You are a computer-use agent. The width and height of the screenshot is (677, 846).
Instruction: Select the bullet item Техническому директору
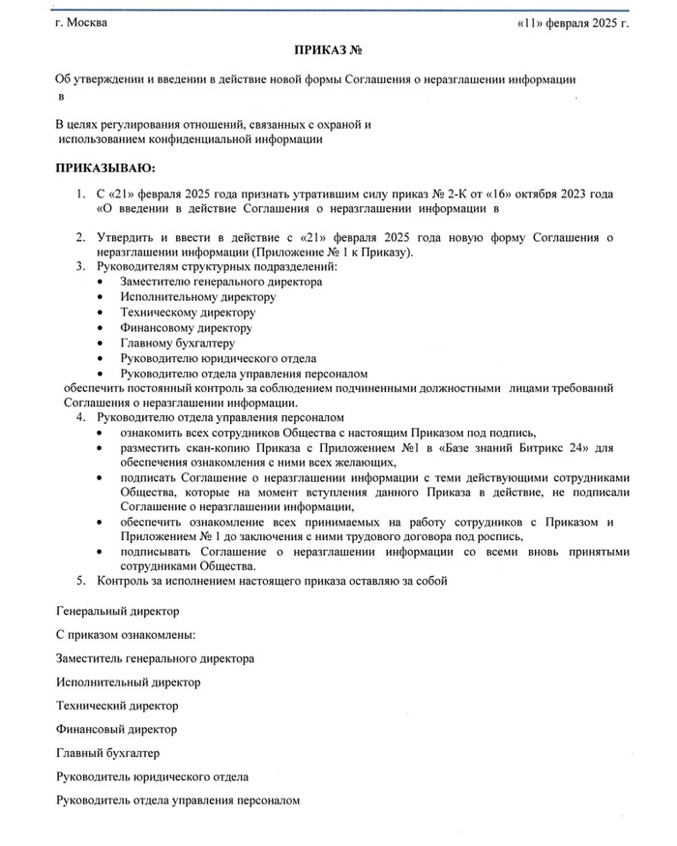point(188,313)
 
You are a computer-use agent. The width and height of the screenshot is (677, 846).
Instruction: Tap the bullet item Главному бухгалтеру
point(178,343)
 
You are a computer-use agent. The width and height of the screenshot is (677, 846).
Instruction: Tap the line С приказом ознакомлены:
point(126,635)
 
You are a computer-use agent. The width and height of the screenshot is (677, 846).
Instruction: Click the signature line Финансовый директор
point(117,729)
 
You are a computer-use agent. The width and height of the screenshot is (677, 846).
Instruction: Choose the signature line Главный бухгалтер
point(108,752)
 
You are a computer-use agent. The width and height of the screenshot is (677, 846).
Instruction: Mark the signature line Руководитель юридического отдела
point(153,776)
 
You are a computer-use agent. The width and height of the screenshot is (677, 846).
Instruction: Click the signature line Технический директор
point(118,706)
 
